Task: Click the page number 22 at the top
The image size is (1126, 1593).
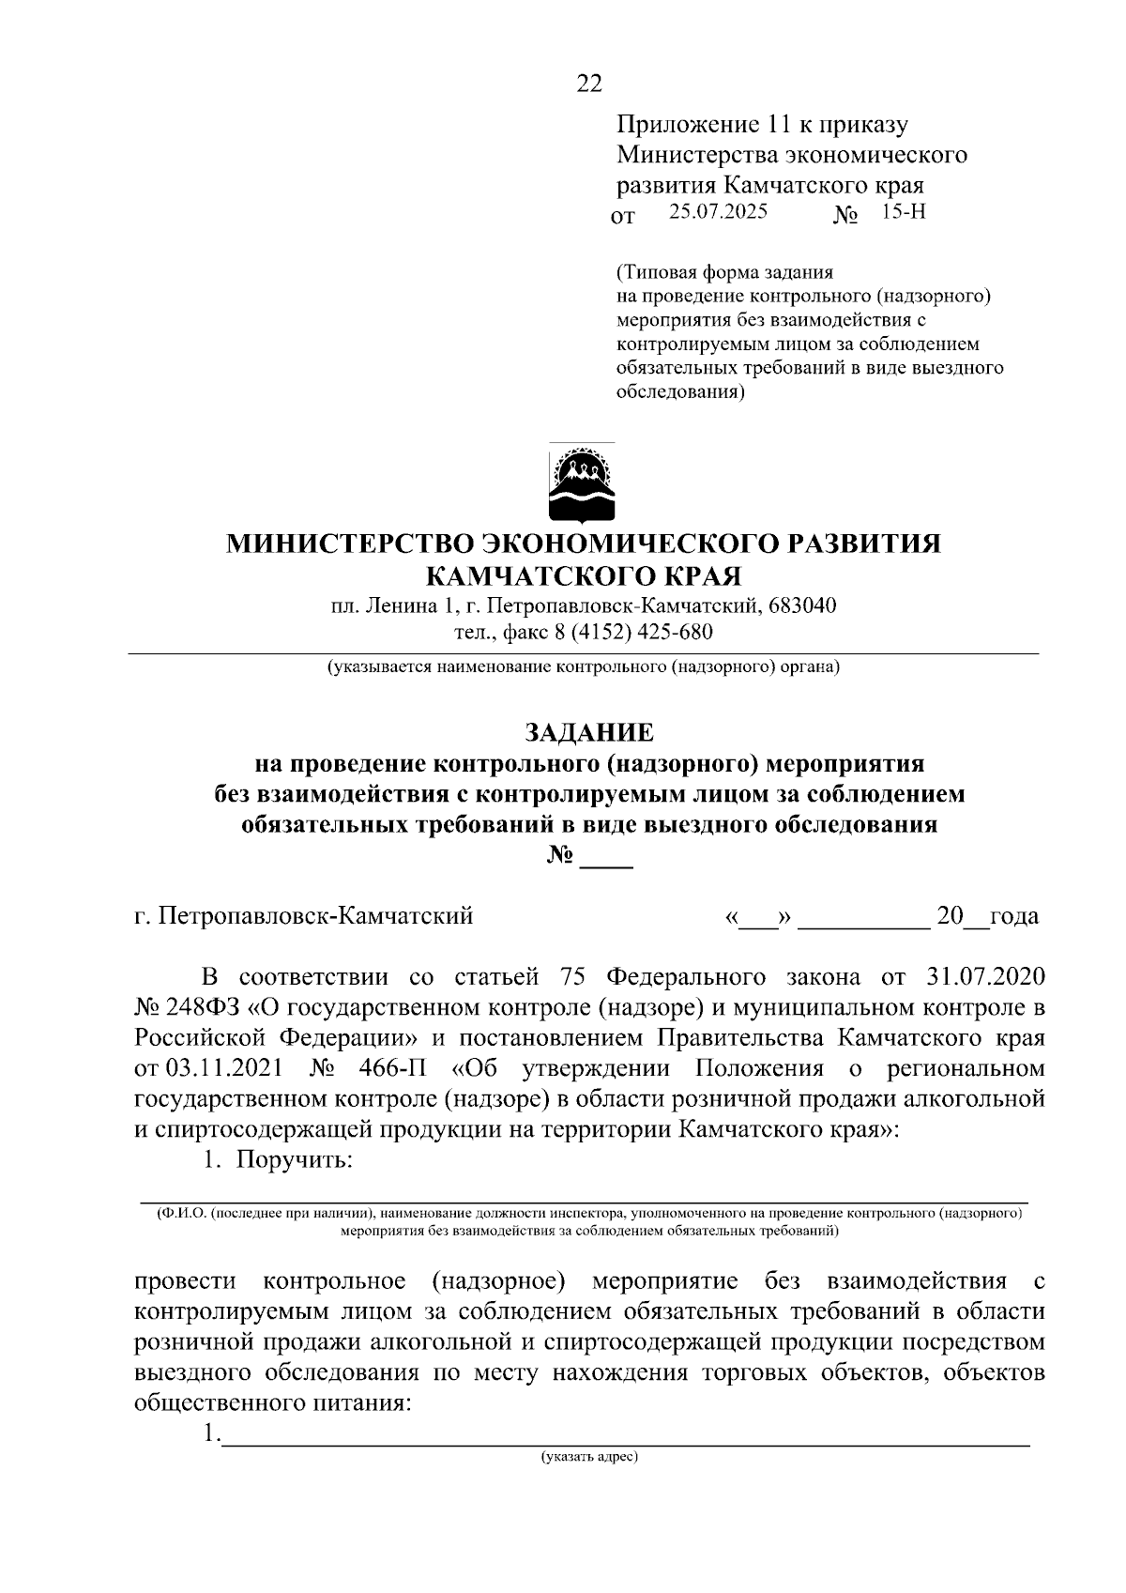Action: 589,84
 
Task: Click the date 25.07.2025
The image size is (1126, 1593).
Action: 718,212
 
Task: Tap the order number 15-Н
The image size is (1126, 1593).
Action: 903,212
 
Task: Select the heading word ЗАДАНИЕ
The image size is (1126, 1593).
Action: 588,731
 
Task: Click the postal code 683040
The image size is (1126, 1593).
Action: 802,605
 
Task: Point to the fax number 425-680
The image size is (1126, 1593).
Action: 676,632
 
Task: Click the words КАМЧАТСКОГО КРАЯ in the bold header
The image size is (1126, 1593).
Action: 583,574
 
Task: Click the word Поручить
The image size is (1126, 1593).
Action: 294,1159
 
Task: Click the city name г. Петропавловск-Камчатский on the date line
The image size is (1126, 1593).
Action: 304,915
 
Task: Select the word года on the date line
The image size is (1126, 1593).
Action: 1013,915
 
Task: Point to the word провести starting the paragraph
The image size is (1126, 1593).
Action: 184,1281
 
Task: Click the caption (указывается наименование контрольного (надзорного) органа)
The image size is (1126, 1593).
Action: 583,667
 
